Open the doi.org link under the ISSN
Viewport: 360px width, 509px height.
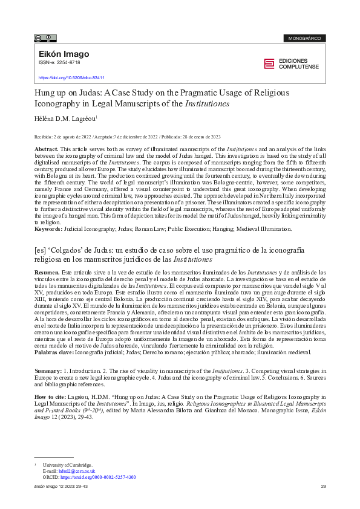point(71,78)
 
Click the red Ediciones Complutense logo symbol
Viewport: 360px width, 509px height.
point(269,64)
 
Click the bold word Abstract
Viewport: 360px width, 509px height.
point(46,149)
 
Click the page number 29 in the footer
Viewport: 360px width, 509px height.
point(323,487)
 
